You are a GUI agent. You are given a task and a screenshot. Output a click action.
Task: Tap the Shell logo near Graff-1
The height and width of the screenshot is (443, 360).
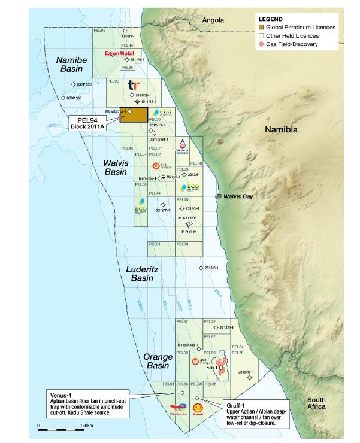(x=198, y=411)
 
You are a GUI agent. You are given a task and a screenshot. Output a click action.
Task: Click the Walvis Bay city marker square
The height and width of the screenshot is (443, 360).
(x=219, y=196)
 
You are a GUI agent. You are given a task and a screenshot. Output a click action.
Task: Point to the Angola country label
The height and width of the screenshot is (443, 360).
(x=213, y=20)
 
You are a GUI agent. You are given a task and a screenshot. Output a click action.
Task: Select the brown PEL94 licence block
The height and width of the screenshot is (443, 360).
(x=134, y=114)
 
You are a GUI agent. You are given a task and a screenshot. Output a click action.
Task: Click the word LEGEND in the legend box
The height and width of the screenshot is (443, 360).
(x=271, y=19)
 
